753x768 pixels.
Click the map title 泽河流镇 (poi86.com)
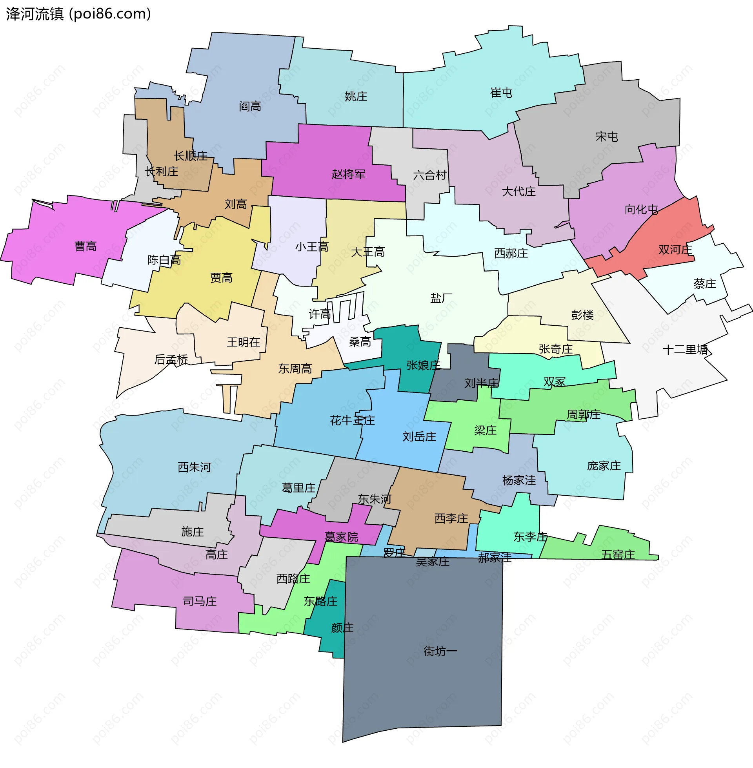pyautogui.click(x=78, y=14)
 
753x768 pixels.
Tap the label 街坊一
pyautogui.click(x=440, y=651)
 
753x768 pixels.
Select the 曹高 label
pyautogui.click(x=85, y=246)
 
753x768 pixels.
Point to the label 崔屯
pyautogui.click(x=501, y=93)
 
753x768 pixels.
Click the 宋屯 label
pyautogui.click(x=606, y=137)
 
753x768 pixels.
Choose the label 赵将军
pyautogui.click(x=348, y=174)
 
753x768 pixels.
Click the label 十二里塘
pyautogui.click(x=685, y=350)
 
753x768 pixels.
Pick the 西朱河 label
pyautogui.click(x=194, y=467)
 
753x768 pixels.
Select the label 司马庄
pyautogui.click(x=200, y=602)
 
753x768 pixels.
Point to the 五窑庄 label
pyautogui.click(x=618, y=555)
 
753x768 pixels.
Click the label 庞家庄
pyautogui.click(x=604, y=466)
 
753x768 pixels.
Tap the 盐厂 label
pyautogui.click(x=441, y=298)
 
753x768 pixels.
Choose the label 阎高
pyautogui.click(x=250, y=106)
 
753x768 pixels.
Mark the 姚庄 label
pyautogui.click(x=356, y=96)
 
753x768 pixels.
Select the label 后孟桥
pyautogui.click(x=171, y=359)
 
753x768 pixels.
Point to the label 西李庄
pyautogui.click(x=451, y=518)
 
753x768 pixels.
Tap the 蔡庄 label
pyautogui.click(x=704, y=284)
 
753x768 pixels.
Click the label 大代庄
pyautogui.click(x=518, y=192)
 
